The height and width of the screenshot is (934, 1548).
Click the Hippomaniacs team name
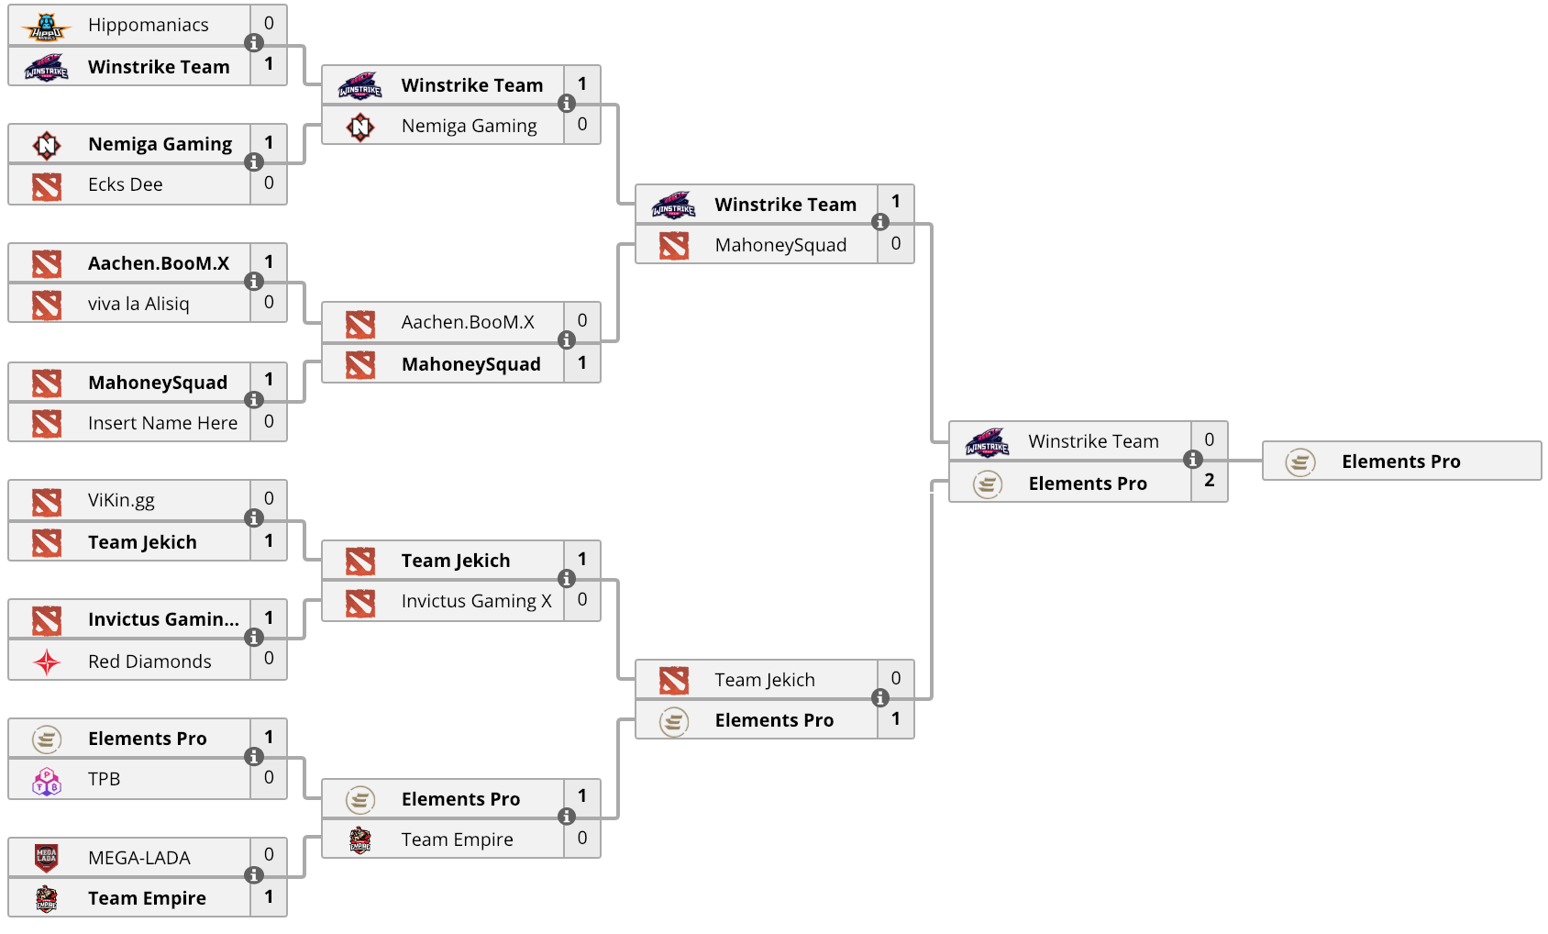pos(148,25)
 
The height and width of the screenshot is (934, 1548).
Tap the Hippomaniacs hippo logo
pos(46,27)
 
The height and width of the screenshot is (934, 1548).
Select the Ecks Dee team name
pos(125,184)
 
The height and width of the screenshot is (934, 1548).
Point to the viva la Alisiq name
pos(138,305)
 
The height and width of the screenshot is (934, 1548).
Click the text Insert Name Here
pos(162,423)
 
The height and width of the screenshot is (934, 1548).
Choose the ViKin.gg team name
pos(121,501)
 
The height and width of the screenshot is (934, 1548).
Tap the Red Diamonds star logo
pos(47,662)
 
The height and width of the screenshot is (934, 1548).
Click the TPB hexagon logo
pos(47,781)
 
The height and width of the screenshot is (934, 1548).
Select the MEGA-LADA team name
pos(138,858)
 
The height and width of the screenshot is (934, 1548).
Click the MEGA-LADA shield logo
pos(46,858)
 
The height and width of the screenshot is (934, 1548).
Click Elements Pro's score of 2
pos(1210,481)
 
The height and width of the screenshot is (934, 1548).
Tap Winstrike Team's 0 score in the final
pos(1210,439)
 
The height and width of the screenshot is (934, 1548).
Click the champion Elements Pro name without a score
pos(1400,461)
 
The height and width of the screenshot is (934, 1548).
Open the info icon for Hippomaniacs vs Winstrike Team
pos(254,43)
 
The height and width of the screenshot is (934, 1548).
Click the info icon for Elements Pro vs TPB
pos(254,757)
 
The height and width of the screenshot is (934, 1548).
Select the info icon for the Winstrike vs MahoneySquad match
pos(879,222)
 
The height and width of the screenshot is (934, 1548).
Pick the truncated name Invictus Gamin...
pos(163,619)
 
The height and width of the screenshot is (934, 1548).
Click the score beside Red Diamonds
pos(269,658)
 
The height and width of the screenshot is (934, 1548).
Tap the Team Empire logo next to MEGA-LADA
pos(46,899)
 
